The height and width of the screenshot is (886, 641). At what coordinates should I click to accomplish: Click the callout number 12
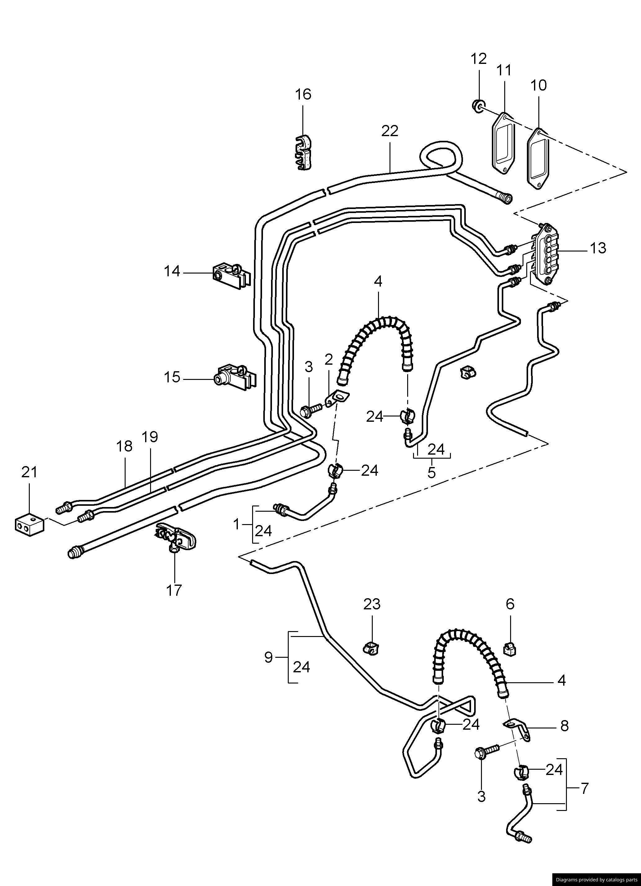[x=479, y=59]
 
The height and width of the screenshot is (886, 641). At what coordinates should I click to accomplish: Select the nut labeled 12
[x=477, y=105]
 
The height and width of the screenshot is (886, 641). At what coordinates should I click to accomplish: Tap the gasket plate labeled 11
[x=503, y=144]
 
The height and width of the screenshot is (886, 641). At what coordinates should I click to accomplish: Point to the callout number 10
[x=539, y=85]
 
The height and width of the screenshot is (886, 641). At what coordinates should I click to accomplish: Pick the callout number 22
[x=390, y=131]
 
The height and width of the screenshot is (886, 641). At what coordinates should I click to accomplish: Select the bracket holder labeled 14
[x=230, y=275]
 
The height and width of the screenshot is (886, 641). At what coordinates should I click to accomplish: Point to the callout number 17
[x=174, y=590]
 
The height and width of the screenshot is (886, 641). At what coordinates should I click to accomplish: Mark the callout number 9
[x=268, y=657]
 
